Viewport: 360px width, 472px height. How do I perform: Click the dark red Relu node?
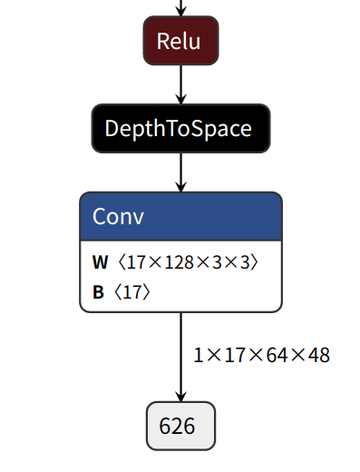point(180,41)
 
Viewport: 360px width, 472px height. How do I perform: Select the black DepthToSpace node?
point(180,128)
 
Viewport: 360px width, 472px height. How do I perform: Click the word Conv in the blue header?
point(118,217)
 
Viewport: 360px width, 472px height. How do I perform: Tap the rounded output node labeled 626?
point(180,426)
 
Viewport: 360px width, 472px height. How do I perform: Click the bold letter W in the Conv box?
point(100,263)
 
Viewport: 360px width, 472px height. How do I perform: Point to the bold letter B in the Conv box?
point(98,292)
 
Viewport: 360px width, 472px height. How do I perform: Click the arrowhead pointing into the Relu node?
point(180,12)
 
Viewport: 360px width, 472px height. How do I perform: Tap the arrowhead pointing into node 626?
point(180,396)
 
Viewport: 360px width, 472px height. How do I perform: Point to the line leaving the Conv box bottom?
point(180,345)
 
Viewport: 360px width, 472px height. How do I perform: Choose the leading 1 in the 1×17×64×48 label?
point(199,354)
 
